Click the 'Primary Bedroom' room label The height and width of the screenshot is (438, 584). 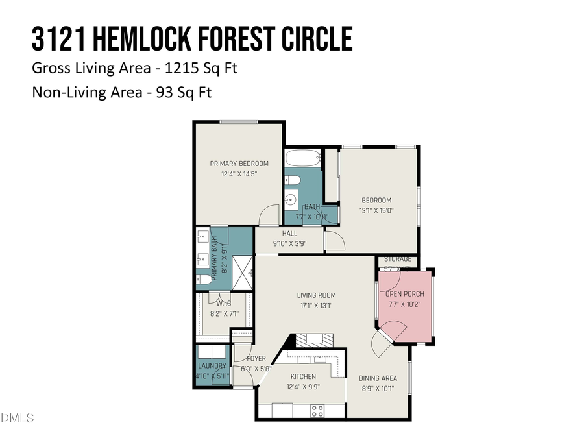coord(239,164)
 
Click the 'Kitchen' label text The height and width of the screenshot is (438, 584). coord(303,376)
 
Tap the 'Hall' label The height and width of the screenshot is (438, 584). coord(289,234)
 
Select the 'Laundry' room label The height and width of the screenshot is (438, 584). coord(212,366)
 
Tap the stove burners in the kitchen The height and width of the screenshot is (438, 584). coord(318,410)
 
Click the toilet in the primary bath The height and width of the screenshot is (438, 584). coord(203,280)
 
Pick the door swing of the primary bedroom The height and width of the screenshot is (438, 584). coord(268,216)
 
